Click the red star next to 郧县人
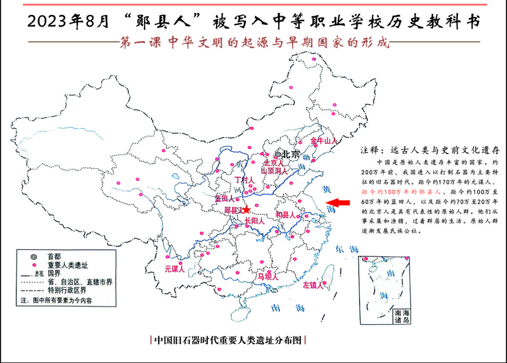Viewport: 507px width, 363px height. (246, 210)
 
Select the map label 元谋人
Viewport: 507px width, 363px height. (175, 269)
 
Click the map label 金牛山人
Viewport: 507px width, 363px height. (323, 140)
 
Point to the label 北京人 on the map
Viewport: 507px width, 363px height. (274, 163)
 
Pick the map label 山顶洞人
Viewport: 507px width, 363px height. (274, 171)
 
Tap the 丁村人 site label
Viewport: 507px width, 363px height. (244, 180)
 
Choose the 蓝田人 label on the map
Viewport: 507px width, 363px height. (224, 199)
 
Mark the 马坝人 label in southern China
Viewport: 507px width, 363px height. (268, 277)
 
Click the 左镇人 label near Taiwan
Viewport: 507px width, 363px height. (313, 285)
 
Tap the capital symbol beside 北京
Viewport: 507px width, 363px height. (278, 154)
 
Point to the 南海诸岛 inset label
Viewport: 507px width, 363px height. (403, 317)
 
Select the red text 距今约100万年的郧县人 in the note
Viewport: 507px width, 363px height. (401, 192)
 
